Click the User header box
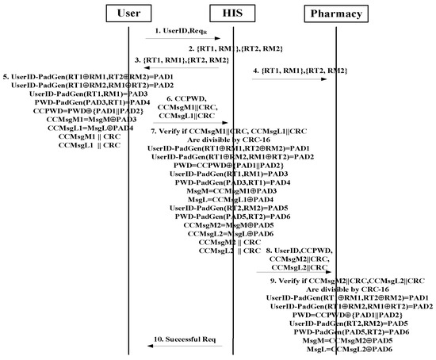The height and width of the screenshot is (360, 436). coord(128,13)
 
